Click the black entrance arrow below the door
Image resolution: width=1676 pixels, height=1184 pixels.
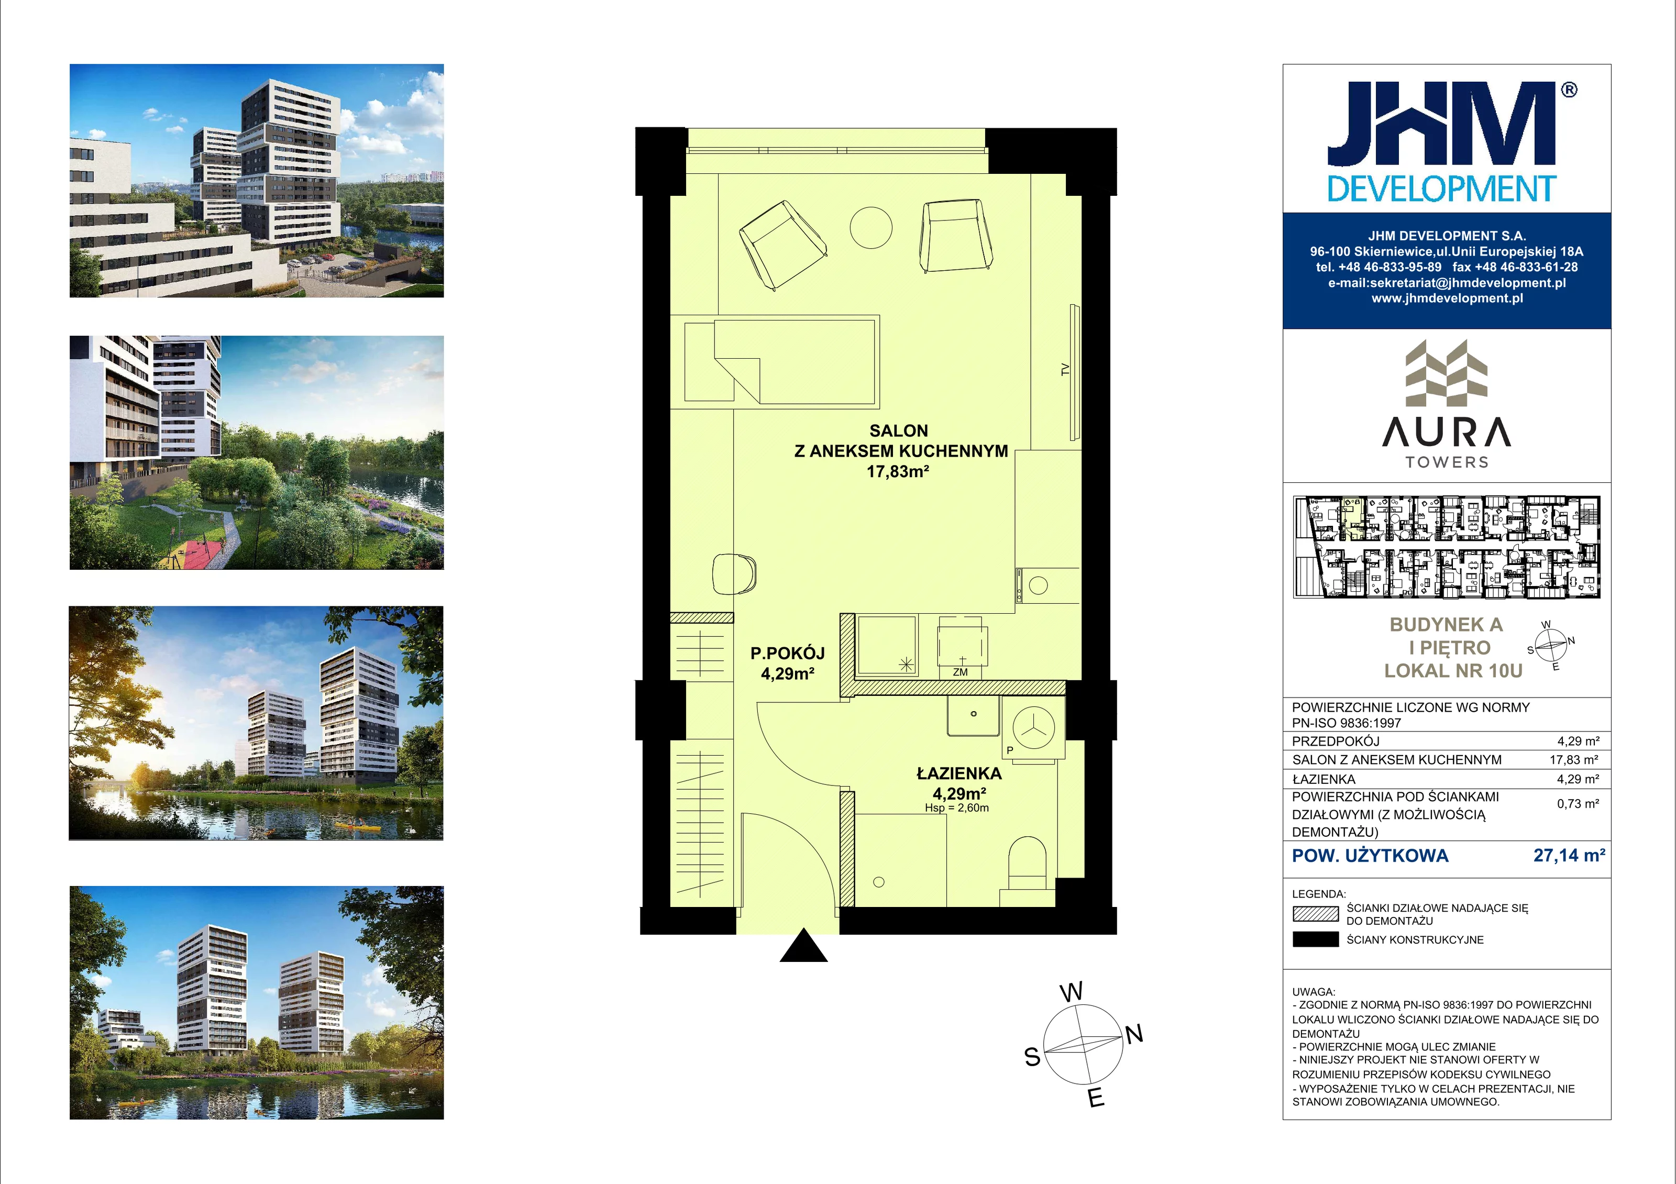pyautogui.click(x=803, y=946)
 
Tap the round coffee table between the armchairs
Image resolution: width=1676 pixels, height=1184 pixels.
pyautogui.click(x=871, y=228)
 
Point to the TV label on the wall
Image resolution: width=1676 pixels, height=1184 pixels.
pyautogui.click(x=1065, y=370)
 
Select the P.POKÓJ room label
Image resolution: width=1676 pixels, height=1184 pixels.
pyautogui.click(x=788, y=654)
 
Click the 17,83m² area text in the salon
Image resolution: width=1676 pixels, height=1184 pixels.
pyautogui.click(x=898, y=471)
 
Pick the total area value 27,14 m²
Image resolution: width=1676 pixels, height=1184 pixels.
pyautogui.click(x=1570, y=856)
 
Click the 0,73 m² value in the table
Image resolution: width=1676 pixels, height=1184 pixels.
pyautogui.click(x=1578, y=804)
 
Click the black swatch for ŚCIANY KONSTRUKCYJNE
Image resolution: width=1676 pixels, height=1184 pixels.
pyautogui.click(x=1315, y=939)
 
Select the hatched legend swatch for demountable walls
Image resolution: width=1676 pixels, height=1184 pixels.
pyautogui.click(x=1315, y=914)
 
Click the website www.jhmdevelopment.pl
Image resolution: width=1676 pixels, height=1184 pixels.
pyautogui.click(x=1447, y=298)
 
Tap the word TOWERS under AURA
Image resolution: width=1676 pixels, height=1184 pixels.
pyautogui.click(x=1447, y=462)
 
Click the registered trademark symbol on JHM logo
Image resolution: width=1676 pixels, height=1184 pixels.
pyautogui.click(x=1569, y=90)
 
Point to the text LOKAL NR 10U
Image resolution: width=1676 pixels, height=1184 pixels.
pyautogui.click(x=1453, y=671)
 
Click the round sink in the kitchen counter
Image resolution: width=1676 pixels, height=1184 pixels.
pyautogui.click(x=1038, y=585)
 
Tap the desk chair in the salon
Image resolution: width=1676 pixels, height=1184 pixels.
pyautogui.click(x=734, y=574)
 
